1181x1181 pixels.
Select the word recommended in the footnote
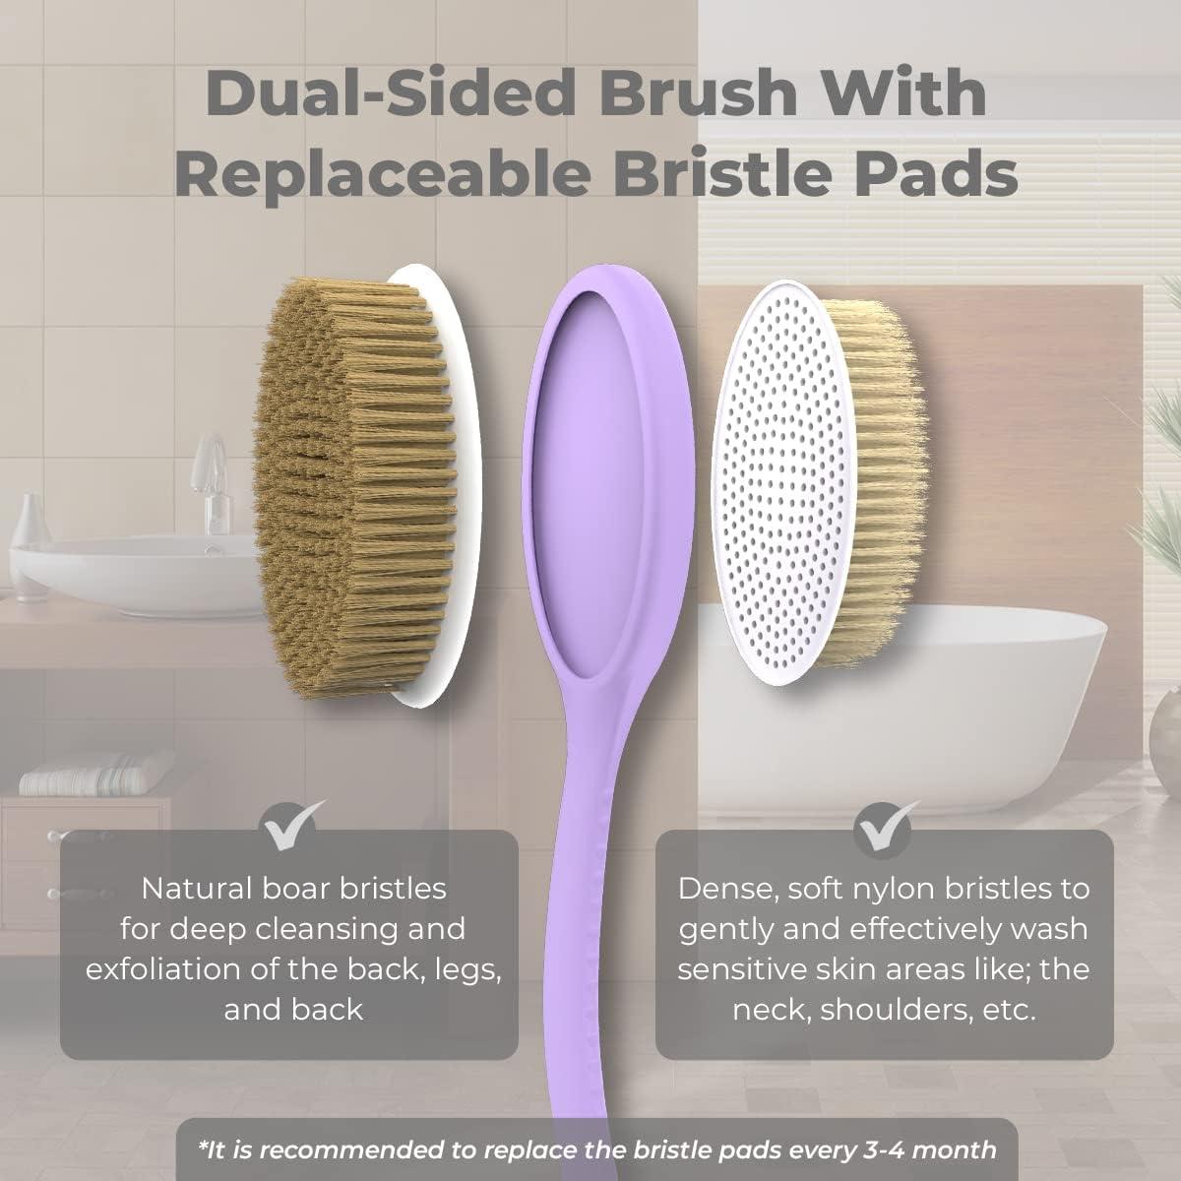pos(337,1150)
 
